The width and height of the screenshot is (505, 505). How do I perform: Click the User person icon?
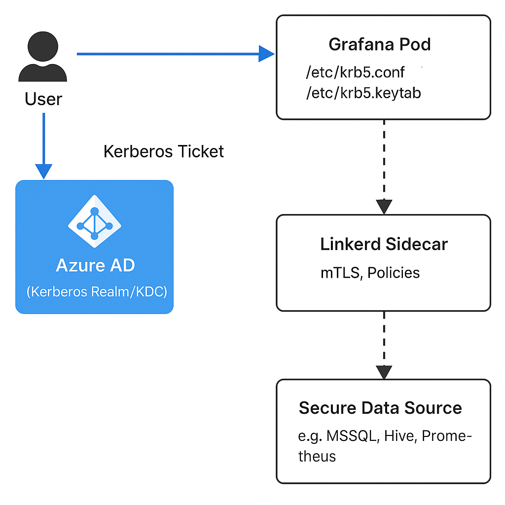pyautogui.click(x=42, y=58)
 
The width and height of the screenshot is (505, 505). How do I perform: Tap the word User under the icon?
pyautogui.click(x=43, y=99)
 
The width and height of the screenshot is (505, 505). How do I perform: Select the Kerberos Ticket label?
pyautogui.click(x=163, y=151)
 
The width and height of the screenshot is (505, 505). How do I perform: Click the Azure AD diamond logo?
pyautogui.click(x=94, y=221)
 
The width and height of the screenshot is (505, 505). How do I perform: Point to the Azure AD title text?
pyautogui.click(x=95, y=265)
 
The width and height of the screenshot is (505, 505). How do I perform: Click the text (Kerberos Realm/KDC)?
pyautogui.click(x=97, y=291)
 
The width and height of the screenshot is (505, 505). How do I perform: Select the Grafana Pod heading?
pyautogui.click(x=379, y=44)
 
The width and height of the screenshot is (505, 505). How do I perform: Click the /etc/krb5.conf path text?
pyautogui.click(x=355, y=72)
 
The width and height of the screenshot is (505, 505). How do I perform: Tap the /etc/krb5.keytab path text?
pyautogui.click(x=363, y=93)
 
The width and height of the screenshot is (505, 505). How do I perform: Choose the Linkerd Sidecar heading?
pyautogui.click(x=384, y=244)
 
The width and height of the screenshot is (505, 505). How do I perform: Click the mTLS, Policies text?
pyautogui.click(x=370, y=273)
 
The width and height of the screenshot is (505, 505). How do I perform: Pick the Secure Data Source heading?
pyautogui.click(x=380, y=408)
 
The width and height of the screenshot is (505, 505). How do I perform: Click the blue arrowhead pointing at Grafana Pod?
pyautogui.click(x=266, y=53)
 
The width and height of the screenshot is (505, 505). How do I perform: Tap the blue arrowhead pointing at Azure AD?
pyautogui.click(x=44, y=172)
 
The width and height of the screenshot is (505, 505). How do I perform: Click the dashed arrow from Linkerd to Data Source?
pyautogui.click(x=384, y=340)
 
